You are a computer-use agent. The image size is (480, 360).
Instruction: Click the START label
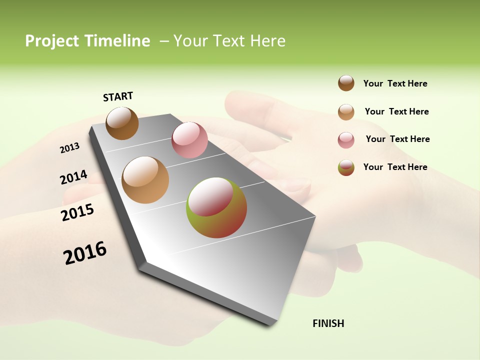point(118,96)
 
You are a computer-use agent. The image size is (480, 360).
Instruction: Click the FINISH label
point(328,323)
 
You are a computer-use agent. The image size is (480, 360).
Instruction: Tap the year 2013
point(69,148)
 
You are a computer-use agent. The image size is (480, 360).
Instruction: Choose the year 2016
point(85,253)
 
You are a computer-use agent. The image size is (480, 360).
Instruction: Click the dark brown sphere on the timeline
point(122,123)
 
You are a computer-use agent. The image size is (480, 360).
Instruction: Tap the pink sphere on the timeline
point(189,140)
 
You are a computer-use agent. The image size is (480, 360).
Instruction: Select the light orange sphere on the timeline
point(145,180)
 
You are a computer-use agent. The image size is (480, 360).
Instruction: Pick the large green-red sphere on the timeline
point(216,207)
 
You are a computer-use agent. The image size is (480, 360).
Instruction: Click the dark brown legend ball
point(346,83)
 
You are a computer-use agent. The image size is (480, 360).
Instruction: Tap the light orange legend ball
point(346,111)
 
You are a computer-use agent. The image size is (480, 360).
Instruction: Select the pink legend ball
point(346,139)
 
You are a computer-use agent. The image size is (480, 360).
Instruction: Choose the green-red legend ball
point(346,167)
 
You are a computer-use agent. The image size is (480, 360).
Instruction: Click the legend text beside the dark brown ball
point(395,83)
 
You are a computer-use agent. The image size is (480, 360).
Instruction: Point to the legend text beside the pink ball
point(397,139)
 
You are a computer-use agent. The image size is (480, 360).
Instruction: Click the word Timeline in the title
point(117,41)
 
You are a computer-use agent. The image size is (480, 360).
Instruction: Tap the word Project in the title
point(52,41)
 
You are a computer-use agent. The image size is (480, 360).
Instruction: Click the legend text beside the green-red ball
point(395,167)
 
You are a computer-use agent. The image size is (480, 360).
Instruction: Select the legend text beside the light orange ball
point(396,111)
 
